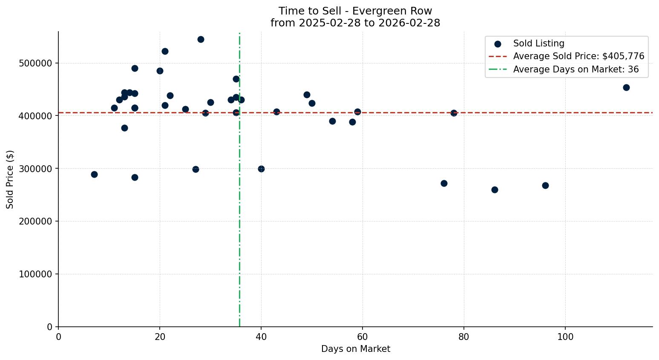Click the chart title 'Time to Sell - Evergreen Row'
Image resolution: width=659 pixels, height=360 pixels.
[355, 11]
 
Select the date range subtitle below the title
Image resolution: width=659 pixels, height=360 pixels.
[355, 23]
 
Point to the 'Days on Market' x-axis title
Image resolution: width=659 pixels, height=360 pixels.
[355, 349]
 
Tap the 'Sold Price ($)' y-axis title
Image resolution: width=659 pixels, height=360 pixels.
[10, 179]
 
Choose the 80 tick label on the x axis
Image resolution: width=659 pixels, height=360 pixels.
[463, 337]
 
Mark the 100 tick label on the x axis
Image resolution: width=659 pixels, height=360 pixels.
[565, 337]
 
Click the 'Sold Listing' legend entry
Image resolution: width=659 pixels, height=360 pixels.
[538, 43]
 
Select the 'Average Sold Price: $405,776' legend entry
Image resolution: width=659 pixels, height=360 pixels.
[578, 56]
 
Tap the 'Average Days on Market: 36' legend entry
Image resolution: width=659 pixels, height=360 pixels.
[576, 69]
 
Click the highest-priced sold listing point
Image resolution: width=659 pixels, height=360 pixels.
[201, 39]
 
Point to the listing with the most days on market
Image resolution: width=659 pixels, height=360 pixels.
[626, 87]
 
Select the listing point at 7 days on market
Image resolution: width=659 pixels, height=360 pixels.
[94, 174]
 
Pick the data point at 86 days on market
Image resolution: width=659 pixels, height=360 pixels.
[495, 190]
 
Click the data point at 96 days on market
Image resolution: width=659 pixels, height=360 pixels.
[545, 185]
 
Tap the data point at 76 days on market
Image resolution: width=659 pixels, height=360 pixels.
[444, 183]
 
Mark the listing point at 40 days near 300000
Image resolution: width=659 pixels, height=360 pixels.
[261, 169]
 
